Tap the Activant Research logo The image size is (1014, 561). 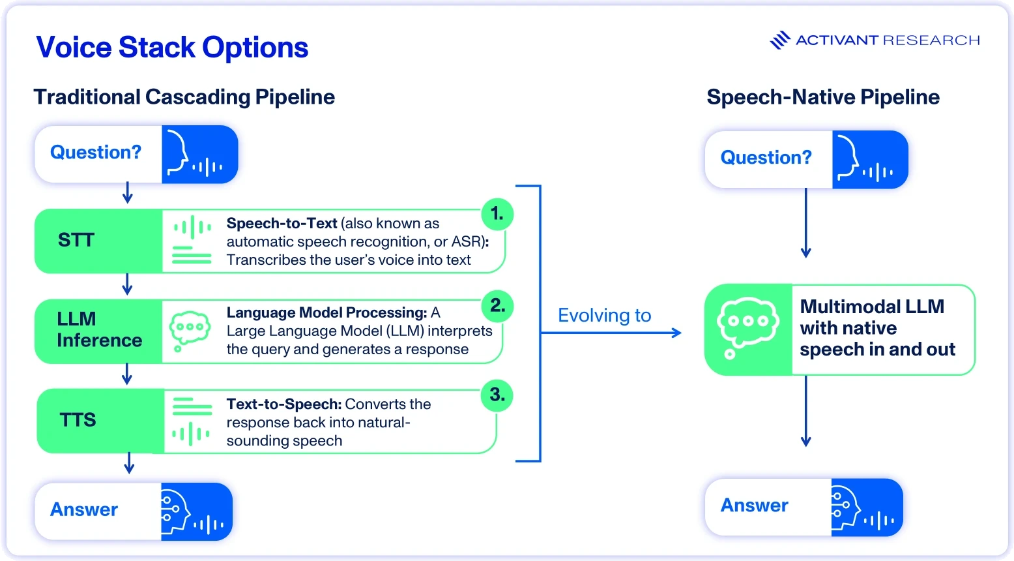(875, 40)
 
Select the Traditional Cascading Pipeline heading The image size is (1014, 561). (184, 97)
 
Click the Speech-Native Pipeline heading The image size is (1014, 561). (823, 97)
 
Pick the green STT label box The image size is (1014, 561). (98, 241)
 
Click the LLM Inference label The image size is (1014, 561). (99, 330)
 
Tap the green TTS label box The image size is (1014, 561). (100, 421)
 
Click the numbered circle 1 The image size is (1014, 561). (497, 214)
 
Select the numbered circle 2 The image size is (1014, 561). (497, 306)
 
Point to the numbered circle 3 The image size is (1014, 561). (497, 395)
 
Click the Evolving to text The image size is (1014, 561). (604, 315)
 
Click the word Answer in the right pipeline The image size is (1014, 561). (754, 506)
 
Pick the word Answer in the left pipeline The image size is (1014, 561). (84, 510)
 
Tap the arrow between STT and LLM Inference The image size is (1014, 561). (127, 284)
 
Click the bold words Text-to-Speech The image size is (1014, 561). (284, 404)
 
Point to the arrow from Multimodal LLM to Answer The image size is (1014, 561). (805, 411)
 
